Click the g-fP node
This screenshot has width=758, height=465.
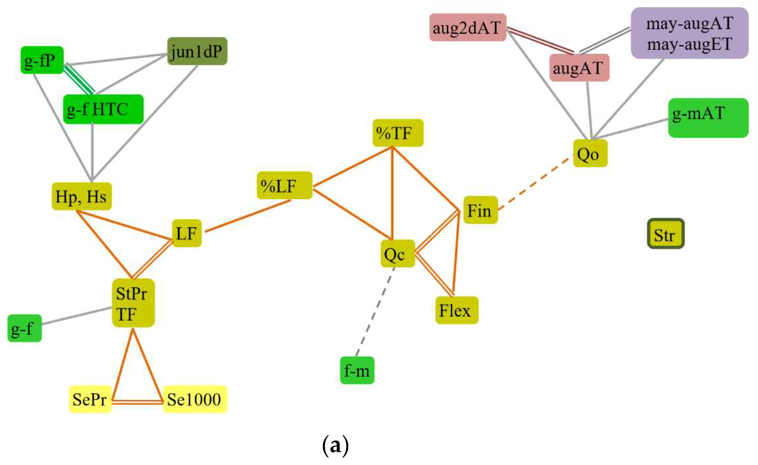click(42, 60)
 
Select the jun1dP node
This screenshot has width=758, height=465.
click(197, 51)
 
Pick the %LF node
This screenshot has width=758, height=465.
click(284, 185)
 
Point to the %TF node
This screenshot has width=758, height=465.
click(398, 133)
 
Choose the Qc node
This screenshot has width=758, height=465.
click(398, 253)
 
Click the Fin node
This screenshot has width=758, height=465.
click(480, 210)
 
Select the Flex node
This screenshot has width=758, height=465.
click(457, 310)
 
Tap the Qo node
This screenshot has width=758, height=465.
click(590, 153)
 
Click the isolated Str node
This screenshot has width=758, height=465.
click(666, 234)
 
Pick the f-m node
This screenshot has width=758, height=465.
click(357, 370)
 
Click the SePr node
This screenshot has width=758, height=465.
click(90, 399)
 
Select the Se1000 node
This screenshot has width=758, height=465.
click(195, 399)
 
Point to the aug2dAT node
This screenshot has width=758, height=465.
click(468, 27)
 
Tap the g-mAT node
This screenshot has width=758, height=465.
click(708, 118)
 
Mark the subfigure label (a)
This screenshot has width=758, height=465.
click(335, 445)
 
